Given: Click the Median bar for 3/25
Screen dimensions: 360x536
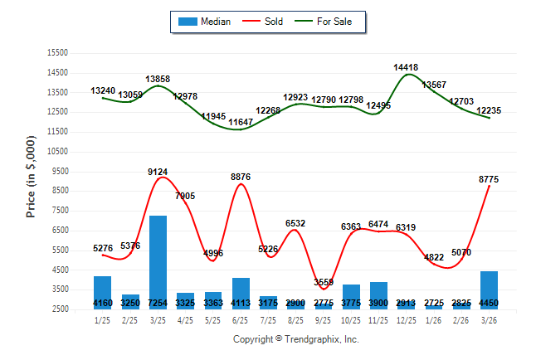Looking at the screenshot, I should [158, 262].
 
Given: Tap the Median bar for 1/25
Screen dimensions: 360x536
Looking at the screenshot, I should [103, 293].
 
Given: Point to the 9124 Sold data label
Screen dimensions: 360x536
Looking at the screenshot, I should [158, 172].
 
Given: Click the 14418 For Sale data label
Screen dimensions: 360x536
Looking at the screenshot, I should [407, 67].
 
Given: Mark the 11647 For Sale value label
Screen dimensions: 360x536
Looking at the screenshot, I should [241, 122].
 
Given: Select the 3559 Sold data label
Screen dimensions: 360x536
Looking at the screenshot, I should [324, 282].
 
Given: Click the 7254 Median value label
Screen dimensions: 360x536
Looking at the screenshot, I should [158, 304].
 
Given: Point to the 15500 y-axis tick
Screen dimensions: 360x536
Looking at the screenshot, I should [57, 52].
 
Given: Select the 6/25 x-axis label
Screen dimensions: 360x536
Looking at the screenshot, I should [241, 321].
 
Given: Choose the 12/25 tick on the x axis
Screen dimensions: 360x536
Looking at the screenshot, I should [407, 321].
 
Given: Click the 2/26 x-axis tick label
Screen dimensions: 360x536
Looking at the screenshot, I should [462, 321].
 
